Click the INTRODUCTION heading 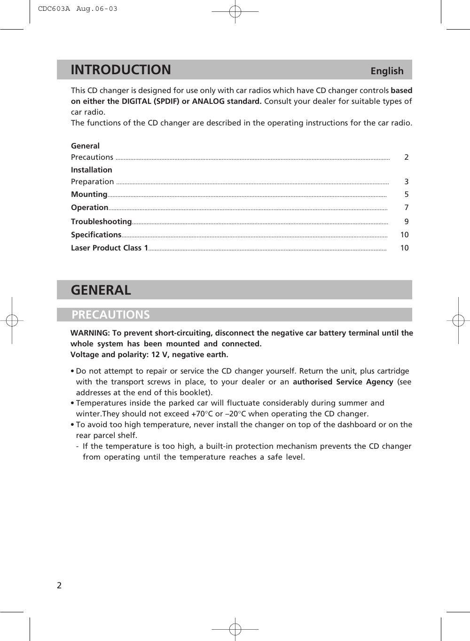click(121, 70)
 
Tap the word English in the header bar click(387, 71)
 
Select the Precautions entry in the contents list click(92, 157)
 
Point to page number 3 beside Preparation click(407, 182)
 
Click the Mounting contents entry click(89, 195)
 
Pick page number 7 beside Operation click(407, 208)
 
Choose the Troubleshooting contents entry click(101, 222)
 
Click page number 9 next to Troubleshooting click(407, 222)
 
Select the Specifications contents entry click(96, 235)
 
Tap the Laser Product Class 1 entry click(110, 248)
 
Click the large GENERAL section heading click(101, 290)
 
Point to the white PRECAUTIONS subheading click(111, 315)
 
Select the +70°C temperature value click(202, 414)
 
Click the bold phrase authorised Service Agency click(343, 382)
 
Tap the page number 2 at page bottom click(59, 586)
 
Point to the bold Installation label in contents click(92, 170)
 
